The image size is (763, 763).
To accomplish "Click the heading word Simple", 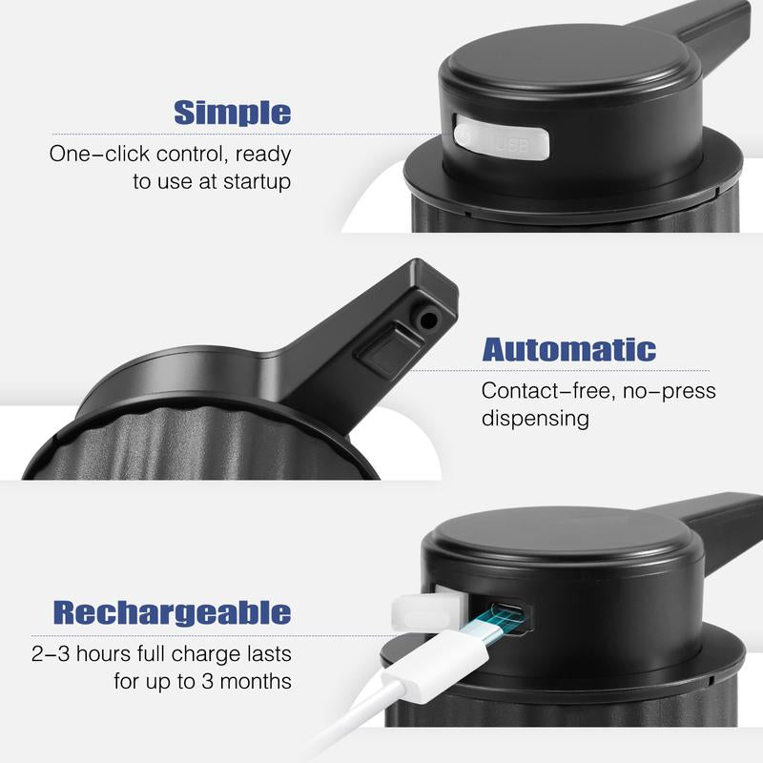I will coord(232,113).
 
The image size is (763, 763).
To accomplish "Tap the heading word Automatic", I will coord(568,350).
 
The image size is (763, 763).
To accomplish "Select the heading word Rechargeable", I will coord(172,612).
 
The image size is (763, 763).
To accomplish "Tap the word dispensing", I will coord(535,418).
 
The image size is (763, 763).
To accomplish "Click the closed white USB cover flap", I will coord(501,140).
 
